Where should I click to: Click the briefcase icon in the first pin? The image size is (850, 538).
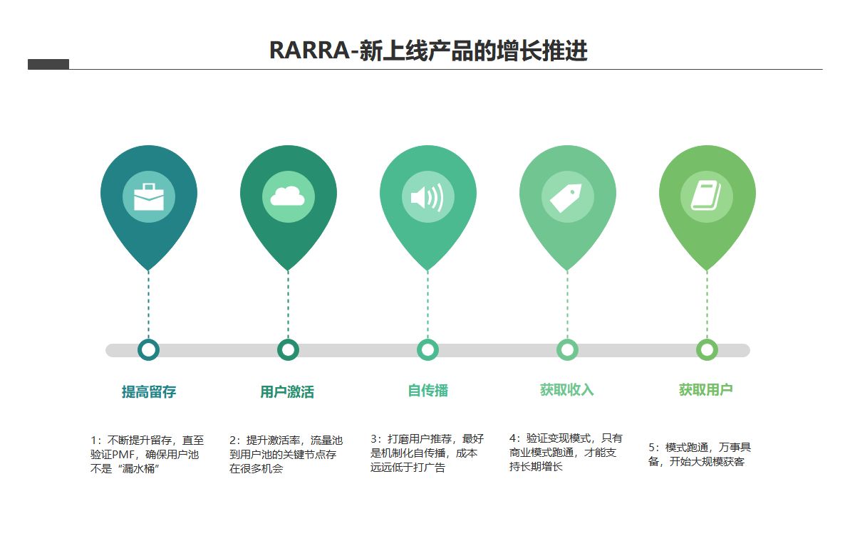tap(148, 197)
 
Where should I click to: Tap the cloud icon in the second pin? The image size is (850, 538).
tap(288, 197)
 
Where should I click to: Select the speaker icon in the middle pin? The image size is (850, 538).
tap(427, 197)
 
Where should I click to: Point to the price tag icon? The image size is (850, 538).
tap(566, 197)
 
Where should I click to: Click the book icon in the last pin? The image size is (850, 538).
tap(706, 196)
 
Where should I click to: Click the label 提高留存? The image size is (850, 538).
tap(148, 391)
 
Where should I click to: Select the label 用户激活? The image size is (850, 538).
tap(287, 391)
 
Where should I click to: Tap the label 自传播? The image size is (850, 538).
tap(427, 390)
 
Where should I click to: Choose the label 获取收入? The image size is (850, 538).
tap(566, 390)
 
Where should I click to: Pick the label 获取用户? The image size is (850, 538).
tap(705, 390)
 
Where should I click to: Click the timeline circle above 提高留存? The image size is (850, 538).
tap(148, 350)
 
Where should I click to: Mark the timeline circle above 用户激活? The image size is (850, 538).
tap(288, 350)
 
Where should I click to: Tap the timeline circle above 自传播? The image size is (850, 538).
tap(427, 350)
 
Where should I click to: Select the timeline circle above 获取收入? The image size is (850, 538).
tap(567, 350)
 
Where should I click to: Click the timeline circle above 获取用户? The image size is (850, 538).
tap(707, 350)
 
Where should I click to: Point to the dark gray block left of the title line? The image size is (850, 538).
tap(48, 64)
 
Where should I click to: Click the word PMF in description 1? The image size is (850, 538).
tap(128, 455)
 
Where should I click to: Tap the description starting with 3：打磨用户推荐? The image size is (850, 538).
tap(426, 453)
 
